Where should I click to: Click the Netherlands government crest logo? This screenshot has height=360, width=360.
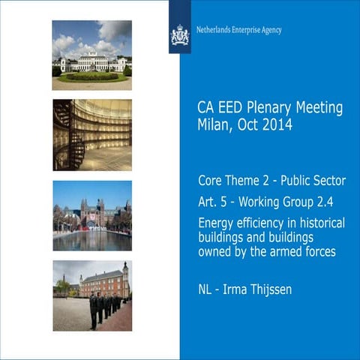180,34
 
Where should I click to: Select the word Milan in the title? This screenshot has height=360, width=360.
214,125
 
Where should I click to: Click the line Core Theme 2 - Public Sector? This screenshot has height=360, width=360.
271,181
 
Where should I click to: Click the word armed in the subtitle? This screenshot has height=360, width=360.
284,252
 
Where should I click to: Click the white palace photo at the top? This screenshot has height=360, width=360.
91,55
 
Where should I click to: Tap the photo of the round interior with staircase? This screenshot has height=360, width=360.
91,135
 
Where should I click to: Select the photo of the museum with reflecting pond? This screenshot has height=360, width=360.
91,215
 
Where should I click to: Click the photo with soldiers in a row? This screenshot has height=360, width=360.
91,295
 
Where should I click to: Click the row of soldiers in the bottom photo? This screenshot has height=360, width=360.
105,307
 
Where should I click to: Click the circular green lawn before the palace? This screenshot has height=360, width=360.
92,75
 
